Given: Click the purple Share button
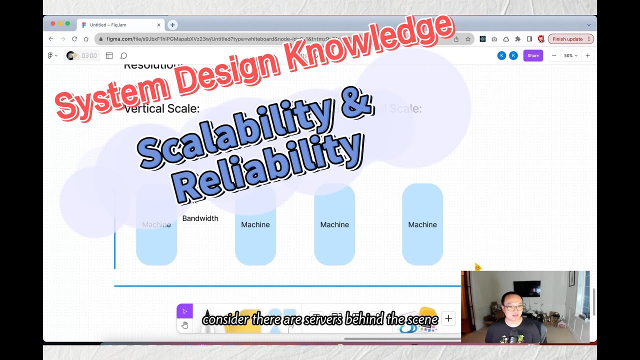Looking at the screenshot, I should pos(533,55).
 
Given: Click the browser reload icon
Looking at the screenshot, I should pos(74,39).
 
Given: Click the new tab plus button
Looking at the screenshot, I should pos(172,24).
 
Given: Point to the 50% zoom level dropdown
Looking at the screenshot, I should pos(570,55).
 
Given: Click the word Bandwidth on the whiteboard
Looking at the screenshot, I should pos(200,218).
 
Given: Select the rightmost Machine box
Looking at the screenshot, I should pos(422,224).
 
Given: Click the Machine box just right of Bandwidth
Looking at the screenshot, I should pos(255,224).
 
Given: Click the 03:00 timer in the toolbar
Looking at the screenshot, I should pos(89,55).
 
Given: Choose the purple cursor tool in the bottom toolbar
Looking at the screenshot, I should pos(184,311).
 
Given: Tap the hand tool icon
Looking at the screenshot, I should pos(184,325).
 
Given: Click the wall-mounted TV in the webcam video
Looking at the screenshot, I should pos(527,288).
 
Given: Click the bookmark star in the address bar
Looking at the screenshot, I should pos(468,39).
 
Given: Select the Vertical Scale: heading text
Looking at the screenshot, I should pos(161,108).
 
